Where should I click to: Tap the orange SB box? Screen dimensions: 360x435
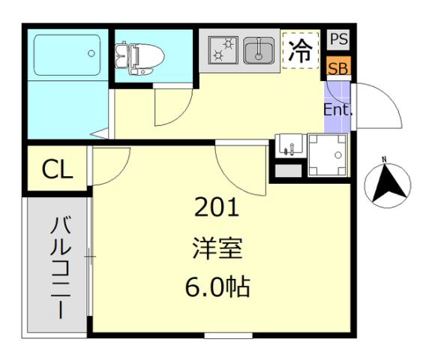(x=337, y=67)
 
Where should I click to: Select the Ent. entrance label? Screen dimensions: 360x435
(x=337, y=109)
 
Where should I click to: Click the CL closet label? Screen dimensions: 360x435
(x=58, y=170)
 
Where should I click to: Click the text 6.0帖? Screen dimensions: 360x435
(x=217, y=286)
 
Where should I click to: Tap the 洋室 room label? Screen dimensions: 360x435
(x=217, y=247)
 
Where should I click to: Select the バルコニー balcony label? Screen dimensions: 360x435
(x=58, y=266)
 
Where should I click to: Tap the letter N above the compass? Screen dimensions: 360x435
(x=384, y=159)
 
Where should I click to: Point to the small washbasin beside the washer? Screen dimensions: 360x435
(x=289, y=145)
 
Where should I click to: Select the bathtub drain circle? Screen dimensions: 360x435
(x=91, y=53)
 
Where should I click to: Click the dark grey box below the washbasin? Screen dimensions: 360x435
(x=286, y=171)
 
